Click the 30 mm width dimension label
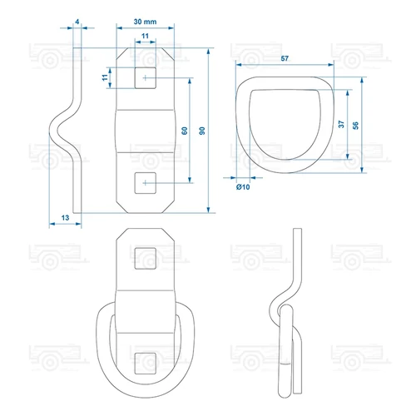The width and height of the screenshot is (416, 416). (145, 22)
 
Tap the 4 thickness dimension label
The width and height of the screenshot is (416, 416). (77, 22)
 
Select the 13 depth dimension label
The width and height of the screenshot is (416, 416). (65, 218)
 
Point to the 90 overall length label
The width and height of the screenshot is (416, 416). (202, 131)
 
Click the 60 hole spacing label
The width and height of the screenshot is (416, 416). (185, 131)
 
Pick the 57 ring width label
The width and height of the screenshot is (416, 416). (285, 58)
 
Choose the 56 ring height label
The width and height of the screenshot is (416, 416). (355, 126)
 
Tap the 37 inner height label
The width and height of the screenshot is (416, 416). (341, 124)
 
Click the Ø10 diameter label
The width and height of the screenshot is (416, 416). (243, 187)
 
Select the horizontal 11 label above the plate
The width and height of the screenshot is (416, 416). (145, 36)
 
